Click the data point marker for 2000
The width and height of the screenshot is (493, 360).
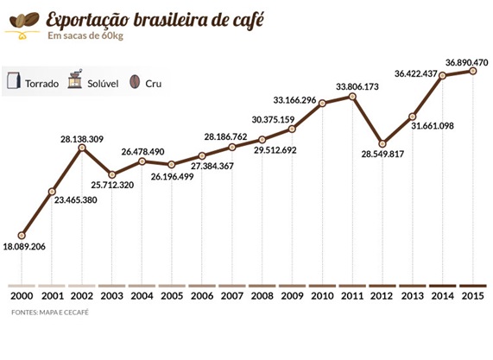point(22,235)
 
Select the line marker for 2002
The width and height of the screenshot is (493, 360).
point(82,147)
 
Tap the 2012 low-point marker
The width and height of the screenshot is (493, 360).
point(382,143)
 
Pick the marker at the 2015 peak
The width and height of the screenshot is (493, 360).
point(472,71)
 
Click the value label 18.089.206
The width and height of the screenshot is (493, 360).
point(24,247)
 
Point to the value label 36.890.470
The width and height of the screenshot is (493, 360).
point(466,62)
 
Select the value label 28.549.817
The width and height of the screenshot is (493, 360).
point(382,154)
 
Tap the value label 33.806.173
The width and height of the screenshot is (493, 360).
point(357,86)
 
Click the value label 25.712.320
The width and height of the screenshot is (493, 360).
point(112,185)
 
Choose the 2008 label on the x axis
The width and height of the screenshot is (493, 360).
point(262,296)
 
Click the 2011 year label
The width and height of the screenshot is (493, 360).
point(352,296)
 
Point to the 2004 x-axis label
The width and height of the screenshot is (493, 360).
point(142,296)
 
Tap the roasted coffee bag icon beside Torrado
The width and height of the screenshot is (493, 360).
point(14,81)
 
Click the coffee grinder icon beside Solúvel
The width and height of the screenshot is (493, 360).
point(75,79)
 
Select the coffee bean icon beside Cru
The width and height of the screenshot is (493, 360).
point(135,82)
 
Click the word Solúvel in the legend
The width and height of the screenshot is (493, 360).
point(103,84)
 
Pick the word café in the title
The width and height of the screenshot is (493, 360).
point(249,20)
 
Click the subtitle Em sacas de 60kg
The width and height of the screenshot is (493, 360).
point(85,35)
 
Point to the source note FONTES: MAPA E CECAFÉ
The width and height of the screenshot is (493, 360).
point(50,313)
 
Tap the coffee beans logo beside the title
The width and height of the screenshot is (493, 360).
point(23,25)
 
